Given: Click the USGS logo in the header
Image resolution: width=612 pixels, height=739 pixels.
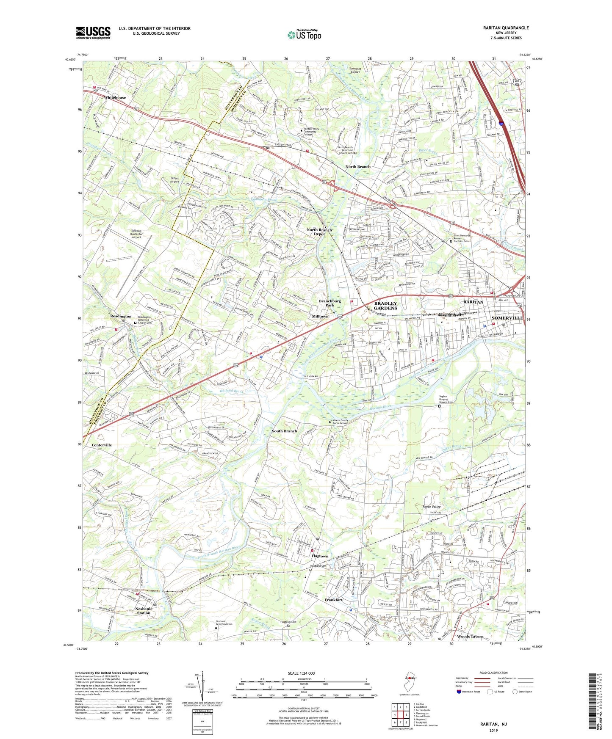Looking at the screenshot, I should (x=93, y=33).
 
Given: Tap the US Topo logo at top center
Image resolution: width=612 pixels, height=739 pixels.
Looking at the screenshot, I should (x=304, y=35).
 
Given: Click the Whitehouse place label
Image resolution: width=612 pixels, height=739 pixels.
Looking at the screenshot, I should (x=115, y=97).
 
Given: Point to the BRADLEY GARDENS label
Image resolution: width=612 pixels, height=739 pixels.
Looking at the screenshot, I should (x=385, y=306).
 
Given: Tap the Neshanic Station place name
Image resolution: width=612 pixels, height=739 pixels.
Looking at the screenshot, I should (x=144, y=611).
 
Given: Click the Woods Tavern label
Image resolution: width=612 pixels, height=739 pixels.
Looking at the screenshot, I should (x=470, y=636).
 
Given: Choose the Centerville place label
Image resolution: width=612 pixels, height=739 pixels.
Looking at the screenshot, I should (x=102, y=445).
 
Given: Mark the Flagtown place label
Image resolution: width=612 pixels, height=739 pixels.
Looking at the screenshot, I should (x=320, y=556).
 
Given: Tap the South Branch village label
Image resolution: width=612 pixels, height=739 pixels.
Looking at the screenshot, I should (x=284, y=431).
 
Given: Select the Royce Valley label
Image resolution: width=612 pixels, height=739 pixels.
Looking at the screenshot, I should (x=432, y=507).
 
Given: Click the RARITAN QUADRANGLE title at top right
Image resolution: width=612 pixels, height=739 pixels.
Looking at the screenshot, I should (x=506, y=28).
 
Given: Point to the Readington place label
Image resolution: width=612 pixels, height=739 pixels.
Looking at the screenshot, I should (x=121, y=316).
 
